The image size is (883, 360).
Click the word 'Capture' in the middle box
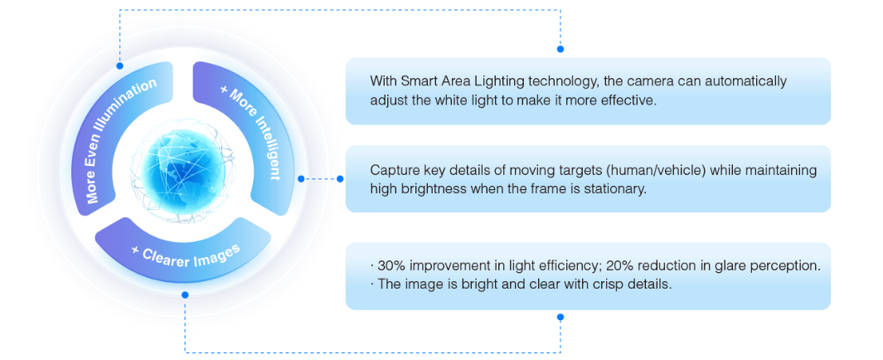tap(394, 171)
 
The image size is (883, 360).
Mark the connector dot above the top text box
tap(560, 49)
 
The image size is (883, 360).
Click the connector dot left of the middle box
tap(340, 178)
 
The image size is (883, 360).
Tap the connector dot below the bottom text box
tap(560, 317)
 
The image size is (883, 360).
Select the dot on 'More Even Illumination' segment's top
tap(119, 65)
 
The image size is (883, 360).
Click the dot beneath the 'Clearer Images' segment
tap(185, 294)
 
